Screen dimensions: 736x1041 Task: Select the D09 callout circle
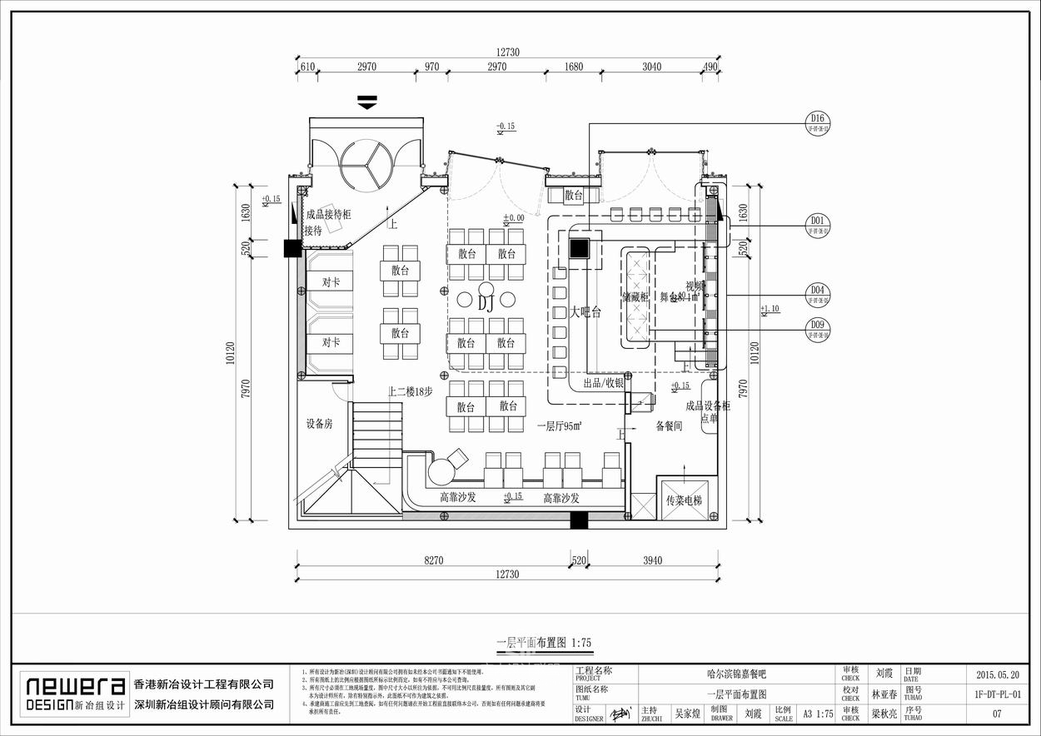[818, 329]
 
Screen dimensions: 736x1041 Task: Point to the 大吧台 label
[585, 312]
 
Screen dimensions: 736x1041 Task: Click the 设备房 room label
[319, 424]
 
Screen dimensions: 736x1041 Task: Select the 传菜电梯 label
[685, 501]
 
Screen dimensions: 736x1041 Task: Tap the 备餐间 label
[669, 426]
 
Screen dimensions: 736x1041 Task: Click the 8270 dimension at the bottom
[433, 561]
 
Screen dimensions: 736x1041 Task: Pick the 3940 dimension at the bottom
[652, 561]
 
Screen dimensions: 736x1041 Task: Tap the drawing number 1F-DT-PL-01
[997, 694]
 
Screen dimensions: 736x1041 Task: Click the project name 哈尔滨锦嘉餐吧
[735, 674]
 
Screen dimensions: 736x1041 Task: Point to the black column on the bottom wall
[579, 521]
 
